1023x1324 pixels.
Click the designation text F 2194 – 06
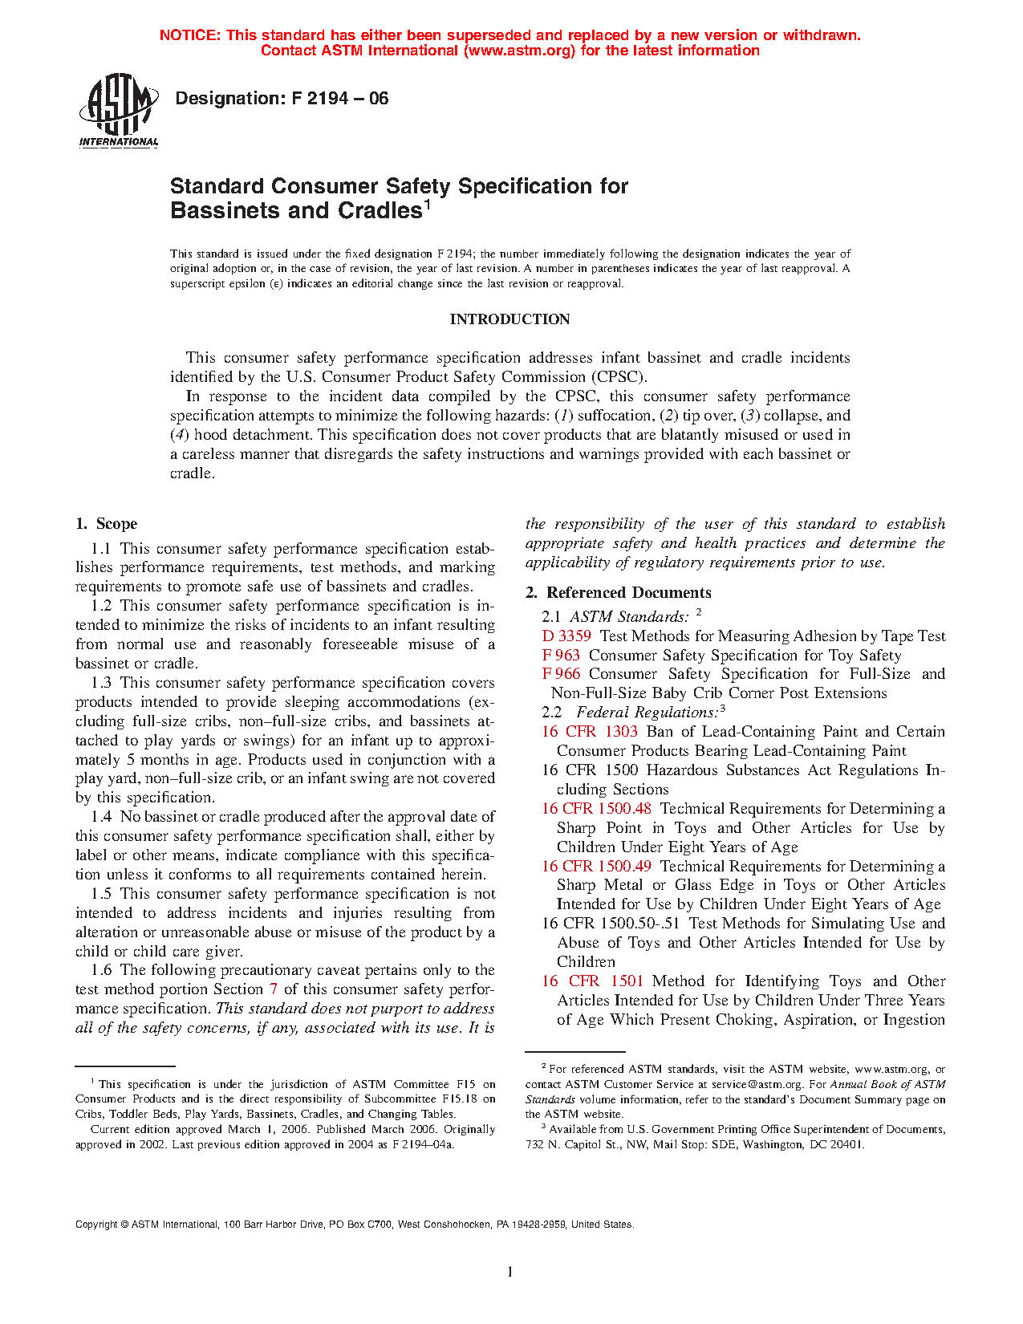click(x=282, y=99)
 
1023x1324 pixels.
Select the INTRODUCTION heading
click(x=509, y=319)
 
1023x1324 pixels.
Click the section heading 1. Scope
click(x=107, y=524)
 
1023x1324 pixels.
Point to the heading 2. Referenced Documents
click(x=619, y=593)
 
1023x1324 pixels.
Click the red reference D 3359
click(x=566, y=636)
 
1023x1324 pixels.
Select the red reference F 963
click(x=561, y=656)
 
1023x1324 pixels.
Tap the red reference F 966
click(x=561, y=674)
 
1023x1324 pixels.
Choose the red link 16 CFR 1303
click(x=590, y=732)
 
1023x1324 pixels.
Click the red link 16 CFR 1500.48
click(x=596, y=809)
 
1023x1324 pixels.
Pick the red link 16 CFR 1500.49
click(x=596, y=867)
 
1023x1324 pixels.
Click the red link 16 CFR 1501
click(x=592, y=981)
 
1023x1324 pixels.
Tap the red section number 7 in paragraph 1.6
click(x=274, y=989)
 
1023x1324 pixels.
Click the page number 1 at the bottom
click(x=509, y=1272)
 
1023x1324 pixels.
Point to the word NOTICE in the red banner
click(x=189, y=35)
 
